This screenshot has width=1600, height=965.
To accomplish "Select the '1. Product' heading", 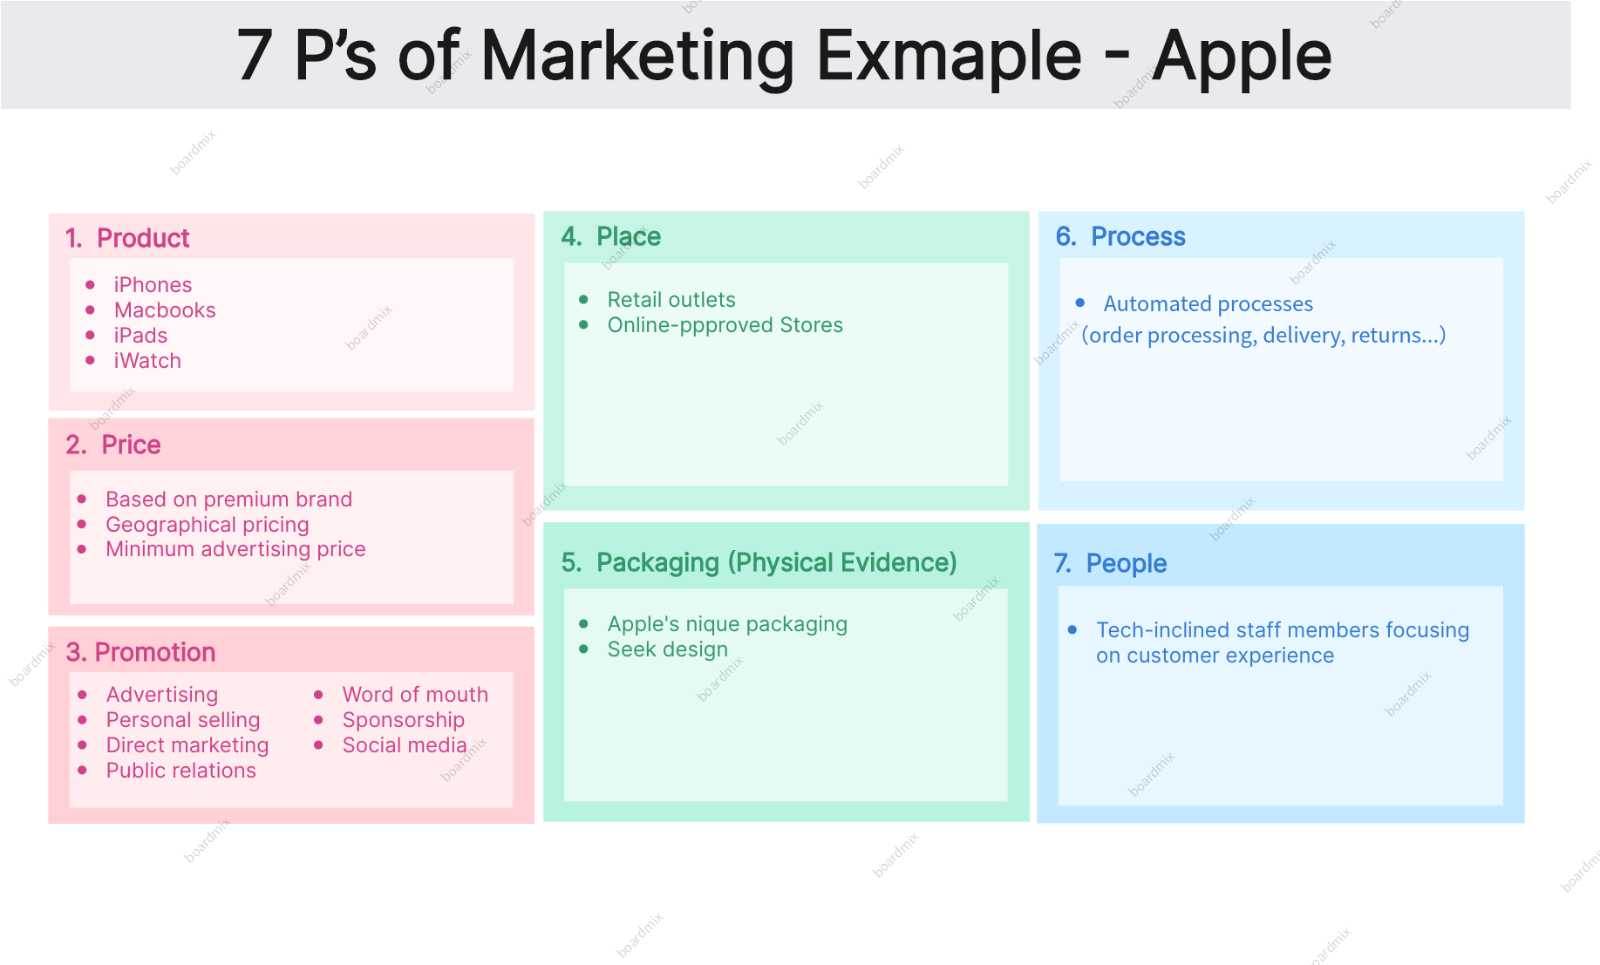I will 127,238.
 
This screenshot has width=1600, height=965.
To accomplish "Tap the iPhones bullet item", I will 153,285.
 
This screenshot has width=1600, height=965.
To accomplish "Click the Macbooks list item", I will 165,310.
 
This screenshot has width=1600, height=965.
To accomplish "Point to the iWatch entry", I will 147,361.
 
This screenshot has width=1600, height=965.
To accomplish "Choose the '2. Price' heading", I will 113,445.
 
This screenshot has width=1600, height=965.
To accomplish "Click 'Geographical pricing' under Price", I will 208,525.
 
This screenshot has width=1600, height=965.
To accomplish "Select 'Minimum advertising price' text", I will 235,549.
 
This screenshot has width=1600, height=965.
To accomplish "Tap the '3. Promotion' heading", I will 140,652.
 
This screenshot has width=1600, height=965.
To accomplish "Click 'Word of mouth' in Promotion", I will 415,695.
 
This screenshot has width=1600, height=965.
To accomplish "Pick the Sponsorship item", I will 404,720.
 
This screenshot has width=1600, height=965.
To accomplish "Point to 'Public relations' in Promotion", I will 181,771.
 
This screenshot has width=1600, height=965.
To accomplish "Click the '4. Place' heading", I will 611,236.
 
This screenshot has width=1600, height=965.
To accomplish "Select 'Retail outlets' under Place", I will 671,300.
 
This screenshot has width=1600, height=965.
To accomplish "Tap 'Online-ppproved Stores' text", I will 725,325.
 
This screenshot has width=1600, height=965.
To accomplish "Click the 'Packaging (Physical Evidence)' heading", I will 776,562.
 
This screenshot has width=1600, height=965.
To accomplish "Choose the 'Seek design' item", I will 668,649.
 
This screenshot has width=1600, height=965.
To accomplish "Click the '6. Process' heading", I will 1120,236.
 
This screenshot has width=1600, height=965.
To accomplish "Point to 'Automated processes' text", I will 1209,304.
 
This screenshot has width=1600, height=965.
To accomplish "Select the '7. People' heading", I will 1110,563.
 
